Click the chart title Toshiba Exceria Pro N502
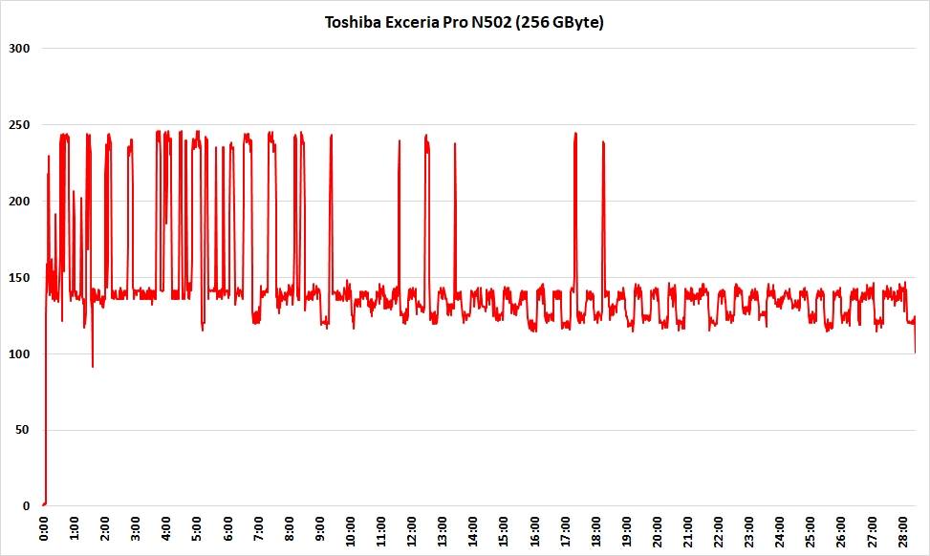point(465,22)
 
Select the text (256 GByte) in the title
point(558,22)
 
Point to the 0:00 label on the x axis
point(45,529)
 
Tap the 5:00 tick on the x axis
point(198,529)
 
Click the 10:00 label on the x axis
point(351,529)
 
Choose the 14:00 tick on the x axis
point(473,529)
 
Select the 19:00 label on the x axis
point(626,529)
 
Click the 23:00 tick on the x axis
point(748,529)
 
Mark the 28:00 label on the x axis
point(901,529)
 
